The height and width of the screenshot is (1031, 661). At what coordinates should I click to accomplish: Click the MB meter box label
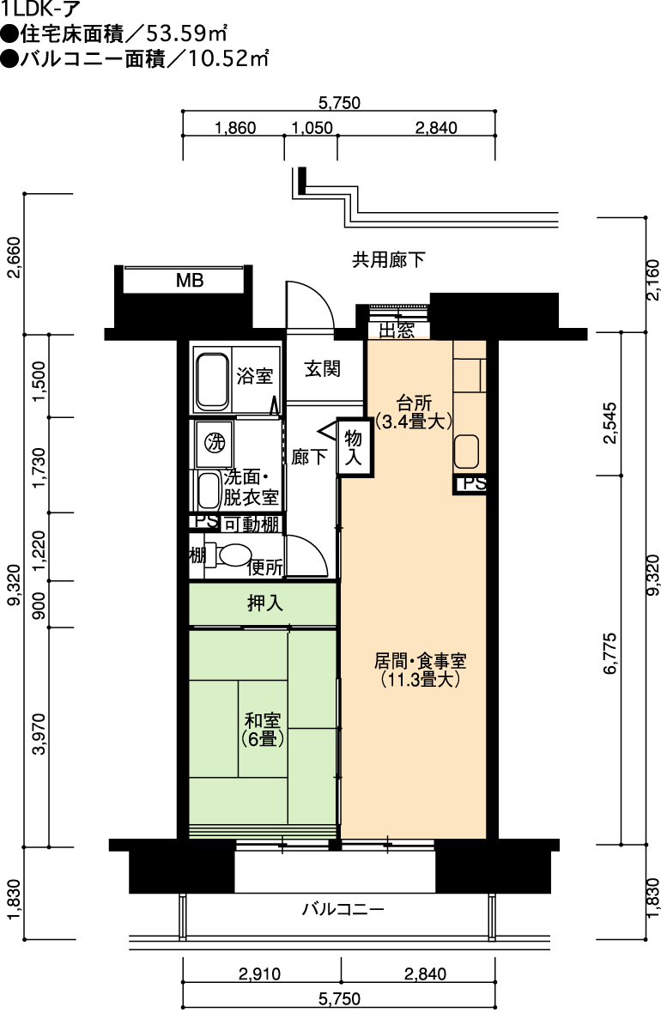tap(190, 281)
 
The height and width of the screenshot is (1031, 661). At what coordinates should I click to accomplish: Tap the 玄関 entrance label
tap(322, 368)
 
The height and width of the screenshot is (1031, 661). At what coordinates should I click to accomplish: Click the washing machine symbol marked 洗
tap(215, 443)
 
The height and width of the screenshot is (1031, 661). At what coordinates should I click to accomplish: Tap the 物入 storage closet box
tap(354, 446)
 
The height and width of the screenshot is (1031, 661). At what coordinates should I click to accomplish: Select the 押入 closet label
tap(265, 603)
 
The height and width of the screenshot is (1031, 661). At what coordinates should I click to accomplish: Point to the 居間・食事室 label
tap(420, 662)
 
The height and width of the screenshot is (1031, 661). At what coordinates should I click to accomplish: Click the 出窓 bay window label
tap(397, 331)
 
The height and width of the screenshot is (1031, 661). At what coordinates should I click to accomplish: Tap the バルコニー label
tap(343, 909)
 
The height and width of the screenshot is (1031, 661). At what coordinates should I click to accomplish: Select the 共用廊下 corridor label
tap(389, 260)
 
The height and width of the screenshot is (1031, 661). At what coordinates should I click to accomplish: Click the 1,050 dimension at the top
tap(312, 128)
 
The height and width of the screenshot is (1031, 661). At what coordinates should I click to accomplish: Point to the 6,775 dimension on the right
tap(609, 653)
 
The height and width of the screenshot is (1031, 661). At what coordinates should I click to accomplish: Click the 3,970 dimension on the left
tap(40, 734)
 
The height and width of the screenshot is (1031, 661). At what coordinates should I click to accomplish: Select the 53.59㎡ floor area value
tap(187, 33)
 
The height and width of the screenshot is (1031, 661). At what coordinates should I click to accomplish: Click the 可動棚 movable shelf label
tap(252, 525)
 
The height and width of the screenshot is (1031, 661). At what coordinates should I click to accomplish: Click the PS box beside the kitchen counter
tap(470, 485)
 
